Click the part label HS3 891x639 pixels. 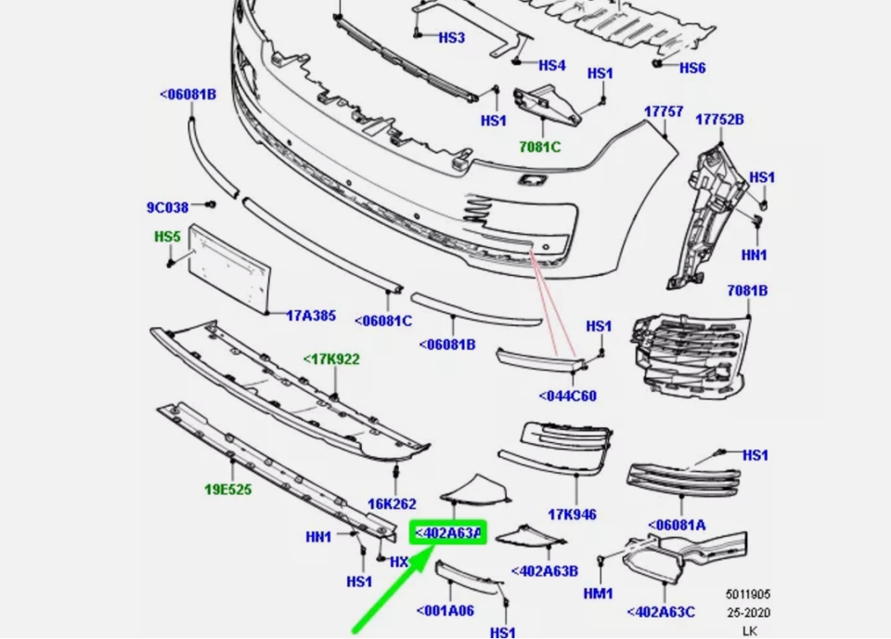pyautogui.click(x=451, y=38)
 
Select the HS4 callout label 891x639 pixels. pyautogui.click(x=551, y=65)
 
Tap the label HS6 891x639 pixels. pyautogui.click(x=692, y=68)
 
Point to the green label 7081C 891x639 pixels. pyautogui.click(x=539, y=147)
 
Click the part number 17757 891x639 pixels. pyautogui.click(x=664, y=111)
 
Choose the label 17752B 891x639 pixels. pyautogui.click(x=720, y=120)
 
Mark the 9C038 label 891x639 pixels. pyautogui.click(x=167, y=208)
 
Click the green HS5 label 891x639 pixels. pyautogui.click(x=167, y=237)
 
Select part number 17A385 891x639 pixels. pyautogui.click(x=310, y=316)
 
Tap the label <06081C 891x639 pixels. pyautogui.click(x=382, y=321)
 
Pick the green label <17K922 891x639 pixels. pyautogui.click(x=331, y=359)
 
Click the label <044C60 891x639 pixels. pyautogui.click(x=567, y=397)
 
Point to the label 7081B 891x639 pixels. pyautogui.click(x=747, y=291)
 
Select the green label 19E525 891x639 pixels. pyautogui.click(x=227, y=489)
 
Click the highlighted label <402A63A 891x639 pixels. pyautogui.click(x=447, y=533)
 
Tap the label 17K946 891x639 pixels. pyautogui.click(x=572, y=515)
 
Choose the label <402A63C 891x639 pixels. pyautogui.click(x=661, y=611)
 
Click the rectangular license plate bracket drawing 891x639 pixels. pyautogui.click(x=229, y=267)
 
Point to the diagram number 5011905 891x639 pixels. pyautogui.click(x=748, y=594)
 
